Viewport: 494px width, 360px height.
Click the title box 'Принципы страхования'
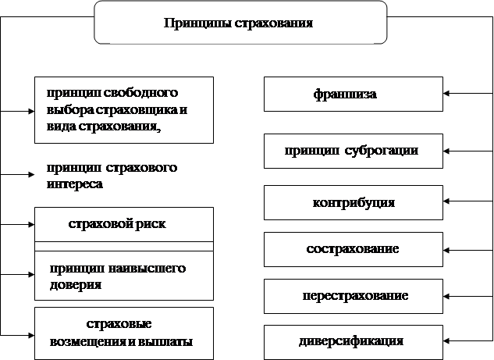(240, 23)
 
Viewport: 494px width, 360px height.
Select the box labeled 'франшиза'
(353, 94)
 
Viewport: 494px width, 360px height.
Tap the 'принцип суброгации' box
(353, 151)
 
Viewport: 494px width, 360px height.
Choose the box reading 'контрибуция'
(353, 202)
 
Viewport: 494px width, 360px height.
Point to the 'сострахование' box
(353, 249)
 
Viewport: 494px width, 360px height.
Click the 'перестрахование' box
(353, 296)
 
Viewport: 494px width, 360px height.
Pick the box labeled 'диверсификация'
(353, 341)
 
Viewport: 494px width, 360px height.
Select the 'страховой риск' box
(123, 224)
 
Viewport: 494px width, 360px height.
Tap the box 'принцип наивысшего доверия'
(123, 276)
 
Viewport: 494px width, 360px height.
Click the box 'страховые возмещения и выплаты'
(123, 333)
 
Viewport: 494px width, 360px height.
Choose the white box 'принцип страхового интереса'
(123, 176)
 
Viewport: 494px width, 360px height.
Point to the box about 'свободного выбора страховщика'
(123, 109)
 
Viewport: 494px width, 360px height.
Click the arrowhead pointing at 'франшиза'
(448, 94)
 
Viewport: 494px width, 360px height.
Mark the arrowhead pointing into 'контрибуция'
(448, 202)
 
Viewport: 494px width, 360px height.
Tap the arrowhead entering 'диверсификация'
(448, 341)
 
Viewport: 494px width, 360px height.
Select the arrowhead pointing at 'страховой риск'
(30, 225)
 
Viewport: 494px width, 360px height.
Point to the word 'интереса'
(75, 186)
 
